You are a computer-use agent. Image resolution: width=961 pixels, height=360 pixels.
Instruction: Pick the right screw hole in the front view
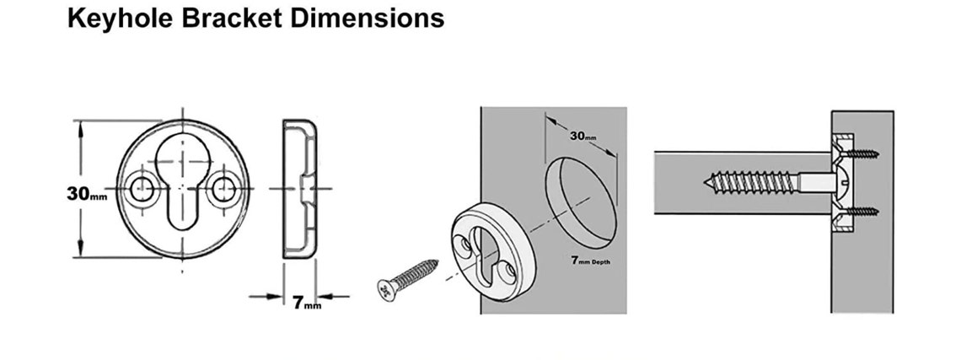pos(223,190)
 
